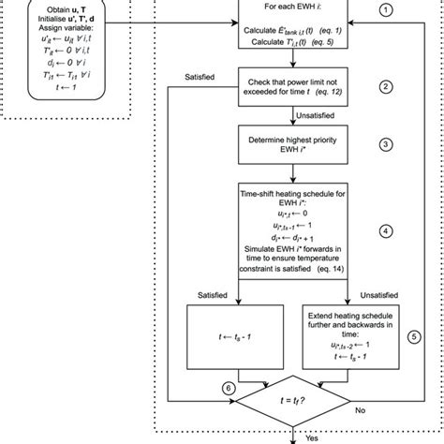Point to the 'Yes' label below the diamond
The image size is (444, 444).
point(312,437)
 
